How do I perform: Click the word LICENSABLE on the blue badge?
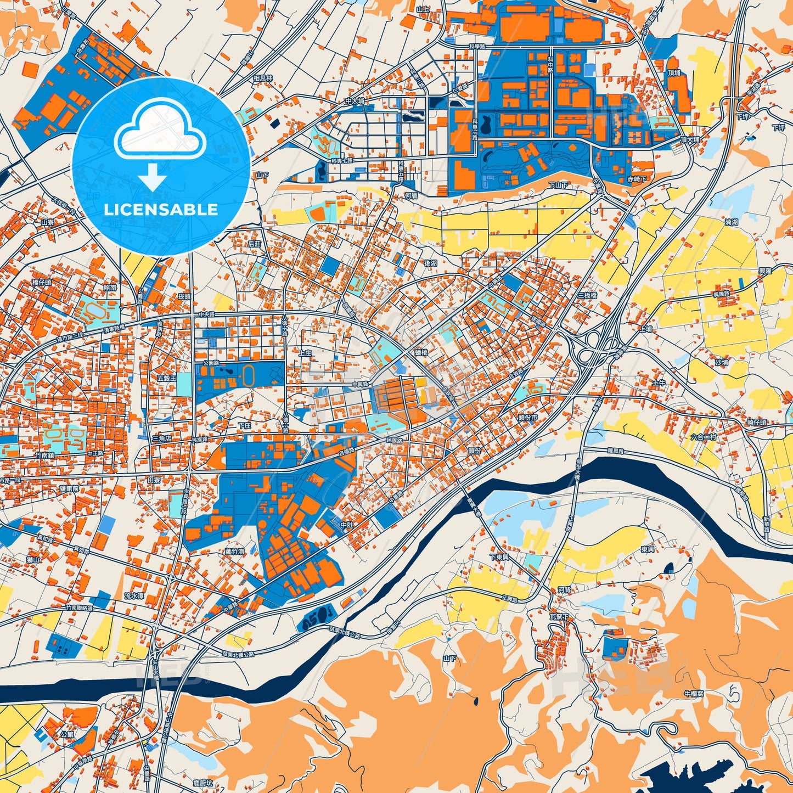(161, 210)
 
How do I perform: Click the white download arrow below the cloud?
(153, 176)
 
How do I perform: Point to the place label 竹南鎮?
(44, 455)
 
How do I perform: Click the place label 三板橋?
(587, 295)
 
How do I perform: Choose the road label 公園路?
(211, 363)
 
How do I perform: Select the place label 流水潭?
(134, 595)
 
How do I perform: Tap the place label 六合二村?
(704, 437)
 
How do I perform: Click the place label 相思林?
(263, 79)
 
